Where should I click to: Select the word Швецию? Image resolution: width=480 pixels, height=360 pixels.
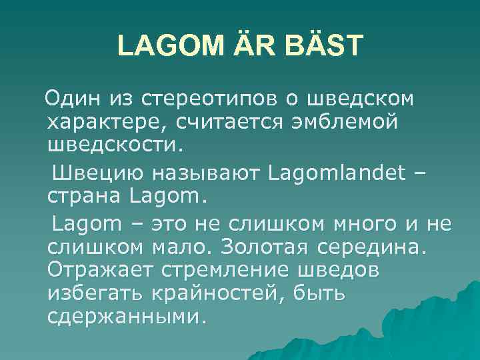(92, 173)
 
